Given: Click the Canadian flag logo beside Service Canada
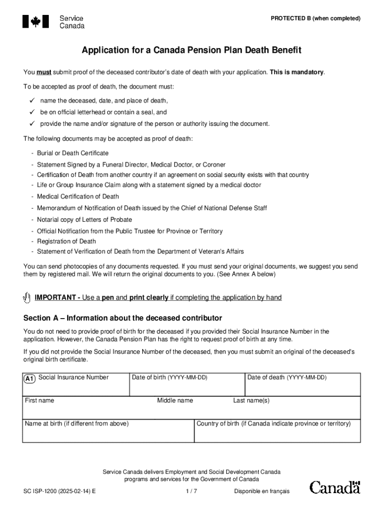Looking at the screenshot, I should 35,21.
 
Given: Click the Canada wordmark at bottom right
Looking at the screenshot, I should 335,487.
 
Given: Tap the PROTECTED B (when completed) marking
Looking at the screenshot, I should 315,18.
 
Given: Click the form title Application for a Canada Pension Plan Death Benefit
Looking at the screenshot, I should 191,51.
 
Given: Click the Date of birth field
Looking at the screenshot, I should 186,387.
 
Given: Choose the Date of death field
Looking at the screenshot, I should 302,387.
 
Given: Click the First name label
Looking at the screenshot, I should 40,401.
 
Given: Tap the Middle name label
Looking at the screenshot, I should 175,401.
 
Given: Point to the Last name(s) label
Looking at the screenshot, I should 251,401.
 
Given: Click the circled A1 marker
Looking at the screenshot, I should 29,379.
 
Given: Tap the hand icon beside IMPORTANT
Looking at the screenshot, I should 27,298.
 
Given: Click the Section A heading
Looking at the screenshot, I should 122,318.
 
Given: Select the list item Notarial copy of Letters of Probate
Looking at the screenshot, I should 84,220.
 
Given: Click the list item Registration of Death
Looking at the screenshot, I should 66,242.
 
